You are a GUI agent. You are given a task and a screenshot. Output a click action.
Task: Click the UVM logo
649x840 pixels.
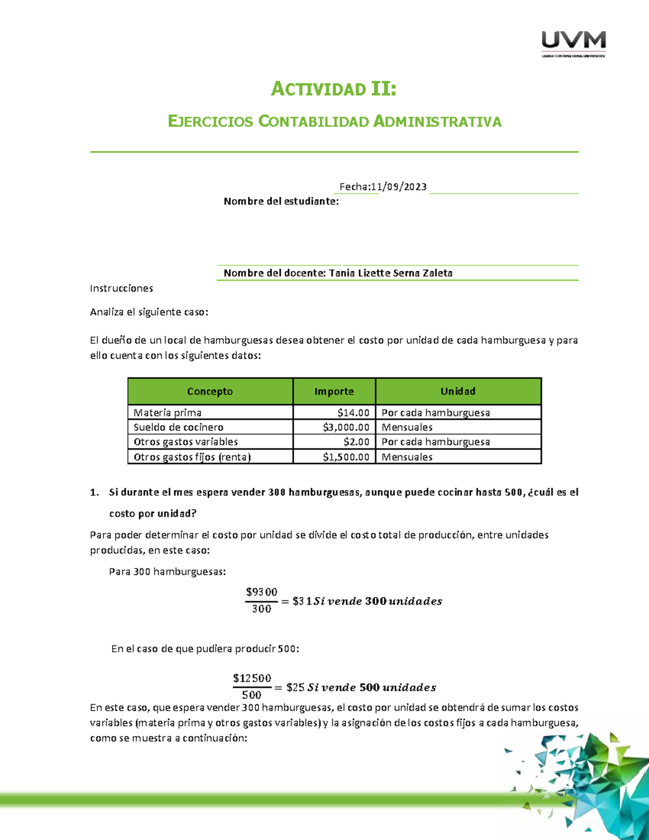click(573, 43)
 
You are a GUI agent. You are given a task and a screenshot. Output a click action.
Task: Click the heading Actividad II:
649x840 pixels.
click(334, 89)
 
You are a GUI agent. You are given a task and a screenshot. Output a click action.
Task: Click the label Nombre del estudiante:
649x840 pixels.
click(281, 201)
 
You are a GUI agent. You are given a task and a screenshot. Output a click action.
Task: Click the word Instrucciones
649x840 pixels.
click(121, 288)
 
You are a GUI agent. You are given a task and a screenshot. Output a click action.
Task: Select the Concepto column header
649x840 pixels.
click(210, 391)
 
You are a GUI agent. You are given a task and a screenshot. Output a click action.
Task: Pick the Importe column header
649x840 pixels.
click(334, 391)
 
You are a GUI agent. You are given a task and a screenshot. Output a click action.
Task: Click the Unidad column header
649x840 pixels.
click(458, 391)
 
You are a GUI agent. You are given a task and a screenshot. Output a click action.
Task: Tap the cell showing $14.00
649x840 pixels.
click(353, 413)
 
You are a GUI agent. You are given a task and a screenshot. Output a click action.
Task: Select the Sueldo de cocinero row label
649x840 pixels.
click(178, 427)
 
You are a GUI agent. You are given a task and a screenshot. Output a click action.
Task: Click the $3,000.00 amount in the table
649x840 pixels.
click(346, 427)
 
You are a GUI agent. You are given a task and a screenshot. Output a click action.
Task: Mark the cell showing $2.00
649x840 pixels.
click(356, 442)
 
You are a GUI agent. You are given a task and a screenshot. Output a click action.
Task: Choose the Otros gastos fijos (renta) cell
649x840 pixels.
click(192, 457)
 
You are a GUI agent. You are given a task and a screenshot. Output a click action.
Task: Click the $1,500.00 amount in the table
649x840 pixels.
click(346, 457)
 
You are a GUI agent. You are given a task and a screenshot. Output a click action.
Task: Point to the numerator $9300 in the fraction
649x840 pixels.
click(261, 592)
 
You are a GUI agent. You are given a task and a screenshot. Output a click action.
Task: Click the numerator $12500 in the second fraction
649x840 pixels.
click(252, 678)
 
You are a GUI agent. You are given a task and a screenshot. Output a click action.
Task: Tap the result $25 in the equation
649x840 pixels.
click(295, 687)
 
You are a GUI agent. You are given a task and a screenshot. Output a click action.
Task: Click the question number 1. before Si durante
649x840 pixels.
click(95, 492)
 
